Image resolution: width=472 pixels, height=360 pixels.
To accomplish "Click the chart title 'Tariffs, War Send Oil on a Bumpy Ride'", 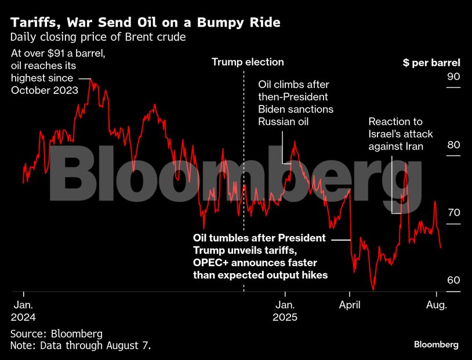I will coord(146,23).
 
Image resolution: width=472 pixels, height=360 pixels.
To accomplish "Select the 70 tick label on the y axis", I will coord(453,213).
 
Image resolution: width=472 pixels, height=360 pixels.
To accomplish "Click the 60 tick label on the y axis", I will coord(453,281).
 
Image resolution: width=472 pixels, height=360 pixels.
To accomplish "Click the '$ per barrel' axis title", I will coord(431,63).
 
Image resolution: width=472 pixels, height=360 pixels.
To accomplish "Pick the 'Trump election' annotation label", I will coord(248,62).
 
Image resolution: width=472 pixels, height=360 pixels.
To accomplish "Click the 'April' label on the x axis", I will coord(350,304).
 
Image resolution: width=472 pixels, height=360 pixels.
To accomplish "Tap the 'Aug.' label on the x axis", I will coord(436,304).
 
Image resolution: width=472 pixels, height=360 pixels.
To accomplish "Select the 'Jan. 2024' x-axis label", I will coord(23,311).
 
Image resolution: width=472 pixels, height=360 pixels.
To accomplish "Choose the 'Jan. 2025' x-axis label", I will coord(285,311).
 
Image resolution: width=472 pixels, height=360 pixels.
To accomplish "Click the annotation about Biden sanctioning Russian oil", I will coord(296,103).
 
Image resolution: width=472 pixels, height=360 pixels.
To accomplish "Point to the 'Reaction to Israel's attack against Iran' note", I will coord(401,134).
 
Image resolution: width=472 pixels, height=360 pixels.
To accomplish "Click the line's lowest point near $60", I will coord(373,289).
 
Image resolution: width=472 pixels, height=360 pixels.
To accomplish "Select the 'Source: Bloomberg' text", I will coord(56,334).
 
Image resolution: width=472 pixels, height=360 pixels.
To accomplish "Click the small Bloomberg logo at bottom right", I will coord(436,344).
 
